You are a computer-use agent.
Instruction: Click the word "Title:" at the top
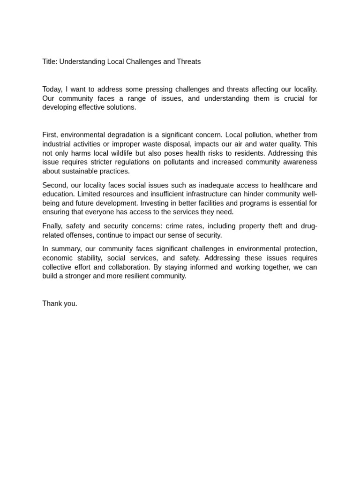[50, 62]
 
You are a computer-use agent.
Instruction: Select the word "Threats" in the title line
[189, 62]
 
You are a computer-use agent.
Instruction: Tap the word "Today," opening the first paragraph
[52, 89]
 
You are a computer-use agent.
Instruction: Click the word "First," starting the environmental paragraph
[50, 135]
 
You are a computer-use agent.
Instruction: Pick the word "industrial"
[57, 144]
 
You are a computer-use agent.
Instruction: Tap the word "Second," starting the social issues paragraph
[55, 185]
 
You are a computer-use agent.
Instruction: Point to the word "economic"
[56, 258]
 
